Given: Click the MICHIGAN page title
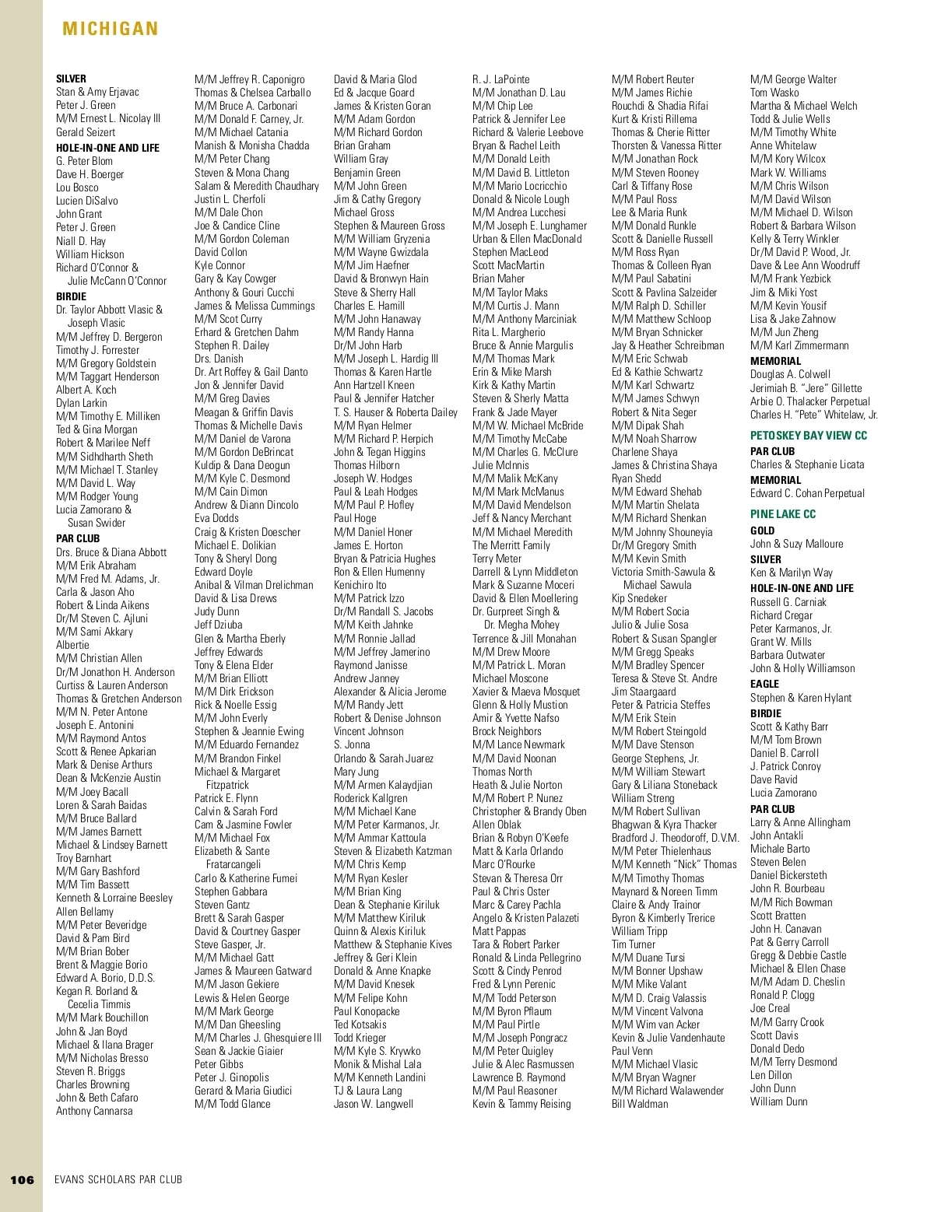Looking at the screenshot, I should point(110,29).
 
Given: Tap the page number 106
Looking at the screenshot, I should point(22,1179).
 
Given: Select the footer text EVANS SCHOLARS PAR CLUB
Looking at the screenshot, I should point(118,1179).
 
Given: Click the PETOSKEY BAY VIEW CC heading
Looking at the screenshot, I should point(808,436).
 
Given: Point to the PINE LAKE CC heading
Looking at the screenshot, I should point(783,514).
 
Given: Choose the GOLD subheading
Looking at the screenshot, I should point(762,531).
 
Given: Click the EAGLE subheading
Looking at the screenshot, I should point(764,684).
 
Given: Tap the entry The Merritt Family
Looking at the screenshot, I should point(511,545).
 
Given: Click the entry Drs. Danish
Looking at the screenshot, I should point(219,359).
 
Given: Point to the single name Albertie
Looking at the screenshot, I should point(72,645).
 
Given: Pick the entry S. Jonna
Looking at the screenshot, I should point(352,744).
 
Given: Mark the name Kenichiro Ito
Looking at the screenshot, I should point(360,585).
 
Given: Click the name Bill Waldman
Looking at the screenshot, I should point(640,1104).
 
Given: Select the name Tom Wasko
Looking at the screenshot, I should point(774,93).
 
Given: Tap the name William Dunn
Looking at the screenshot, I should point(778,1102).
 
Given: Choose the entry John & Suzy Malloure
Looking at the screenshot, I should point(796,544).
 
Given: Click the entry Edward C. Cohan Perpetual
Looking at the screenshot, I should point(807,493).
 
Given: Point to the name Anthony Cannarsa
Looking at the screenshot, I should point(94,1111).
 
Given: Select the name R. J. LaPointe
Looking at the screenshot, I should point(500,79).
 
